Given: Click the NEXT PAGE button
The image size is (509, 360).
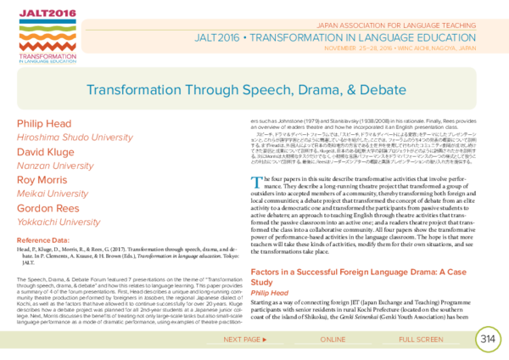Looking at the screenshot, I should (245, 340).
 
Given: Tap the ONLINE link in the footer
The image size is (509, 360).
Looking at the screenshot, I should (333, 340).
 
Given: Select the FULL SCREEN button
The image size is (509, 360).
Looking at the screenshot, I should (421, 340).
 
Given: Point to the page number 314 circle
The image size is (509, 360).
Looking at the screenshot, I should (488, 339).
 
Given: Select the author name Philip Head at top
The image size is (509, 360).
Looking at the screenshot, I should (44, 123).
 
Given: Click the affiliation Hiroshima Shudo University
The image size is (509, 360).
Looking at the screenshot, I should (75, 138).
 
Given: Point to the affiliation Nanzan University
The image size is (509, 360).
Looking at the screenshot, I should (55, 166).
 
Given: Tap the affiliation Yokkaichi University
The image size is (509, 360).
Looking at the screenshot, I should (59, 222).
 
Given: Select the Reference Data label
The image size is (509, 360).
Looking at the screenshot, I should (42, 241).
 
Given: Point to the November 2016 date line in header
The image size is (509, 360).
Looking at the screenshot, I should (400, 48).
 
